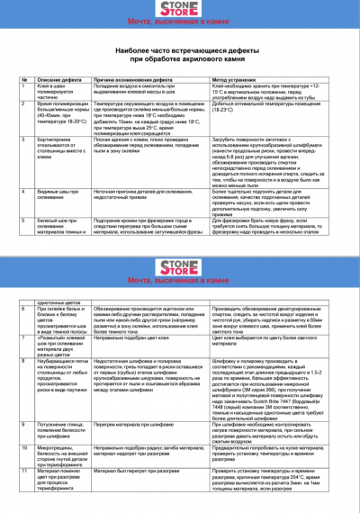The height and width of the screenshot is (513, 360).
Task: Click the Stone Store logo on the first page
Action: pos(179,9)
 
